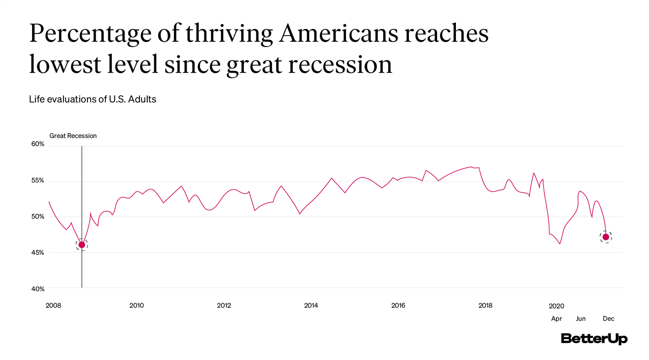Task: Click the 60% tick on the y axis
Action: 38,144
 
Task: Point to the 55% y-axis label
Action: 38,180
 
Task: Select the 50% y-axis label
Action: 38,216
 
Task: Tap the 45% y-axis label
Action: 38,252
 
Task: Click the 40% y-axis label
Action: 38,289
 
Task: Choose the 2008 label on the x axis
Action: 53,306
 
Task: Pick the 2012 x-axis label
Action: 224,306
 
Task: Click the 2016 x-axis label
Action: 398,306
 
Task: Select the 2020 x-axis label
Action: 557,306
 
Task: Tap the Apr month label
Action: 557,319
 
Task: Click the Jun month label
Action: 581,319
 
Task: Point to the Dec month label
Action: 608,319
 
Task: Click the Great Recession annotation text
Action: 73,136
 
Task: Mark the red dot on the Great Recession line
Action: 82,245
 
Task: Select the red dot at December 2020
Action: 606,237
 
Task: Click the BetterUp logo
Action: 594,338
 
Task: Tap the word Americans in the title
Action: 339,33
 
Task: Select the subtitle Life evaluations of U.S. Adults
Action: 92,99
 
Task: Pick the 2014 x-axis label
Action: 311,306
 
